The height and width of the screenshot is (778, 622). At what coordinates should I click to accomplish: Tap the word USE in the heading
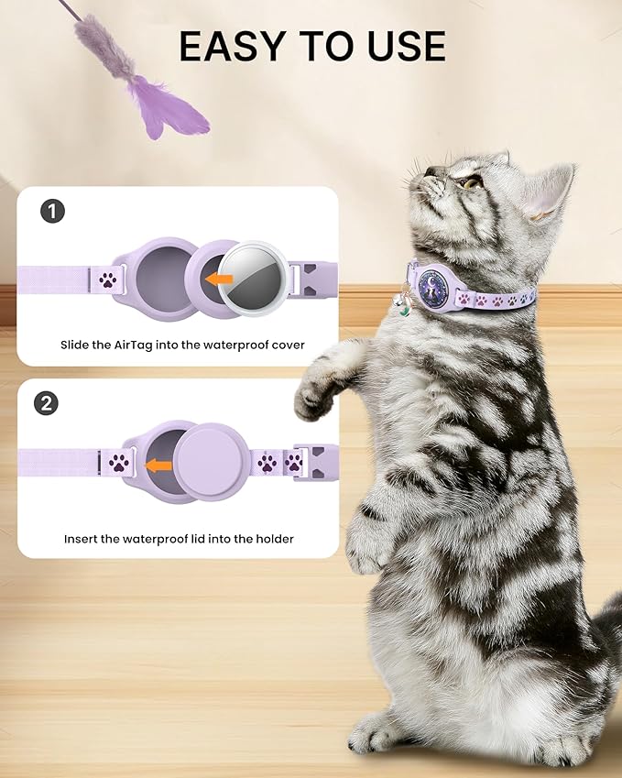[401, 46]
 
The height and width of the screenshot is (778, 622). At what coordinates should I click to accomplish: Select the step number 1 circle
[53, 213]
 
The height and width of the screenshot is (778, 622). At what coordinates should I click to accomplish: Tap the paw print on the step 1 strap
[108, 279]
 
